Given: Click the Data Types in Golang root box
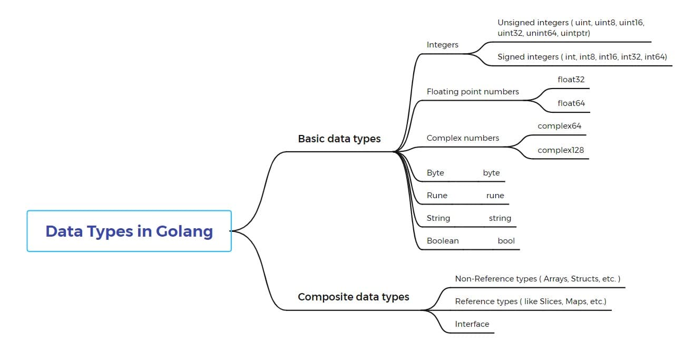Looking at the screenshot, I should (129, 231).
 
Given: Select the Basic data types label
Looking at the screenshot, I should (339, 139).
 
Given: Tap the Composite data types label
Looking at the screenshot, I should (353, 297).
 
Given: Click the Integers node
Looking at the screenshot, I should (442, 45).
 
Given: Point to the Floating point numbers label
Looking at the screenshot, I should (473, 92).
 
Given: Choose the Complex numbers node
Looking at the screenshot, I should (463, 138).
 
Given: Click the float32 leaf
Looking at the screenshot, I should (571, 80).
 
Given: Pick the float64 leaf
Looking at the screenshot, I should (571, 103).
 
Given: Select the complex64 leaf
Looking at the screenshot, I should (559, 126).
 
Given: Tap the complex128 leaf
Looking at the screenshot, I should (561, 150).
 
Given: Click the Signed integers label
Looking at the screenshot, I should (582, 57).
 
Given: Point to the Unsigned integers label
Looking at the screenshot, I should (571, 28).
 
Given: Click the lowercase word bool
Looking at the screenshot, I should (506, 241).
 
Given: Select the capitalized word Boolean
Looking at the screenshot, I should (443, 241).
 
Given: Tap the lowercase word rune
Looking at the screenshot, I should (495, 196).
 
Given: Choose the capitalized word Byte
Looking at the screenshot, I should (435, 173).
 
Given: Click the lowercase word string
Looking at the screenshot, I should (500, 218).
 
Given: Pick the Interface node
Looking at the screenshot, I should (472, 324).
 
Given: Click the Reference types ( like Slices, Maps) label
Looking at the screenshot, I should (530, 301).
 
